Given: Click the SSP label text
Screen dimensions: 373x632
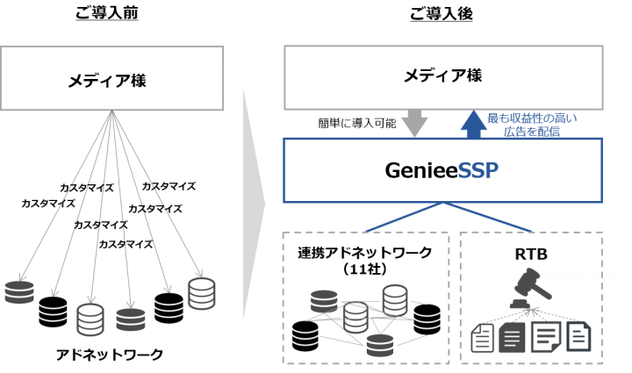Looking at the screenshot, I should pos(478,170).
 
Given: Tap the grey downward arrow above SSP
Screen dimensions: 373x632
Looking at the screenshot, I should pos(414,124).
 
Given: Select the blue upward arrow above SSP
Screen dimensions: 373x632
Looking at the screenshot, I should pos(474,124).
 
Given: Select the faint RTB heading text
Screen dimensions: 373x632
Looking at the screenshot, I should pos(531,255).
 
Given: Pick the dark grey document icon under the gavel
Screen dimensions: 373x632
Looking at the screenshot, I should pos(512,337).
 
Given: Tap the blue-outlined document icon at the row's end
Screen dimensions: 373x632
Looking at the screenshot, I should pos(578,336).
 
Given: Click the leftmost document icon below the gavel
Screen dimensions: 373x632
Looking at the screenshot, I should pos(482,337).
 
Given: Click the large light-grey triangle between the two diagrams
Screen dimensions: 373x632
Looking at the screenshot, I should pos(253,204).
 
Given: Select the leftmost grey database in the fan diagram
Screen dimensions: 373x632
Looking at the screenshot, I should pos(18,292).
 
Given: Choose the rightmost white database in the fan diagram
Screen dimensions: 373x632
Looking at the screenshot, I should pos(201,293).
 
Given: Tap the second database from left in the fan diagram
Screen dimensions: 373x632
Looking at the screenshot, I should pos(53,312).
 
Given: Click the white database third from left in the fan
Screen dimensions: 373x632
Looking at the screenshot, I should pos(90,319).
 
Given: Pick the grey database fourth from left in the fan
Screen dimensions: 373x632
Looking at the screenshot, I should pos(130,319).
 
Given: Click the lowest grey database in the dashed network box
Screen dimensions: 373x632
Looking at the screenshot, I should pos(380,345).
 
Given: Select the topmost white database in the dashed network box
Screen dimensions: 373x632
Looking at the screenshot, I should pos(395,299).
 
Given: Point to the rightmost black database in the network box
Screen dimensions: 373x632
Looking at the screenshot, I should pos(427,319).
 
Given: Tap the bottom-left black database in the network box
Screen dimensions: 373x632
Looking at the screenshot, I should pos(305,335).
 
